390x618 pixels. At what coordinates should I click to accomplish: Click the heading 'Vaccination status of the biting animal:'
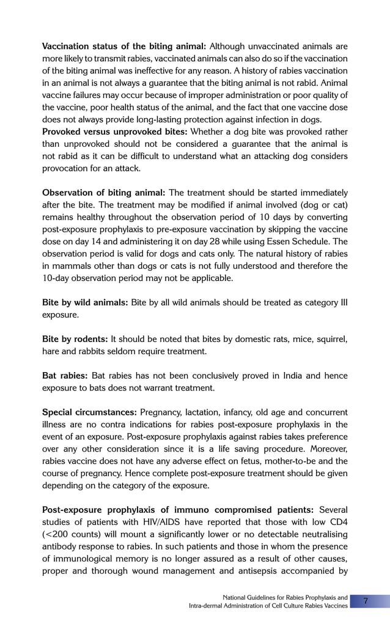click(124, 47)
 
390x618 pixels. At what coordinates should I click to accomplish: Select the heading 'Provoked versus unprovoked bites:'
click(115, 132)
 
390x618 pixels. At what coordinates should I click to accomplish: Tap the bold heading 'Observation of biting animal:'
click(103, 192)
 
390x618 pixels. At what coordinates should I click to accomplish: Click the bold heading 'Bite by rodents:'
click(75, 338)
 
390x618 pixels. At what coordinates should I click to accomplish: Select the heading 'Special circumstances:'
click(89, 412)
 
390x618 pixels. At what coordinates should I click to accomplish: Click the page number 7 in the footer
click(366, 601)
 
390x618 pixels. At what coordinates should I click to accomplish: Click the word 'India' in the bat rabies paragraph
click(278, 375)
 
